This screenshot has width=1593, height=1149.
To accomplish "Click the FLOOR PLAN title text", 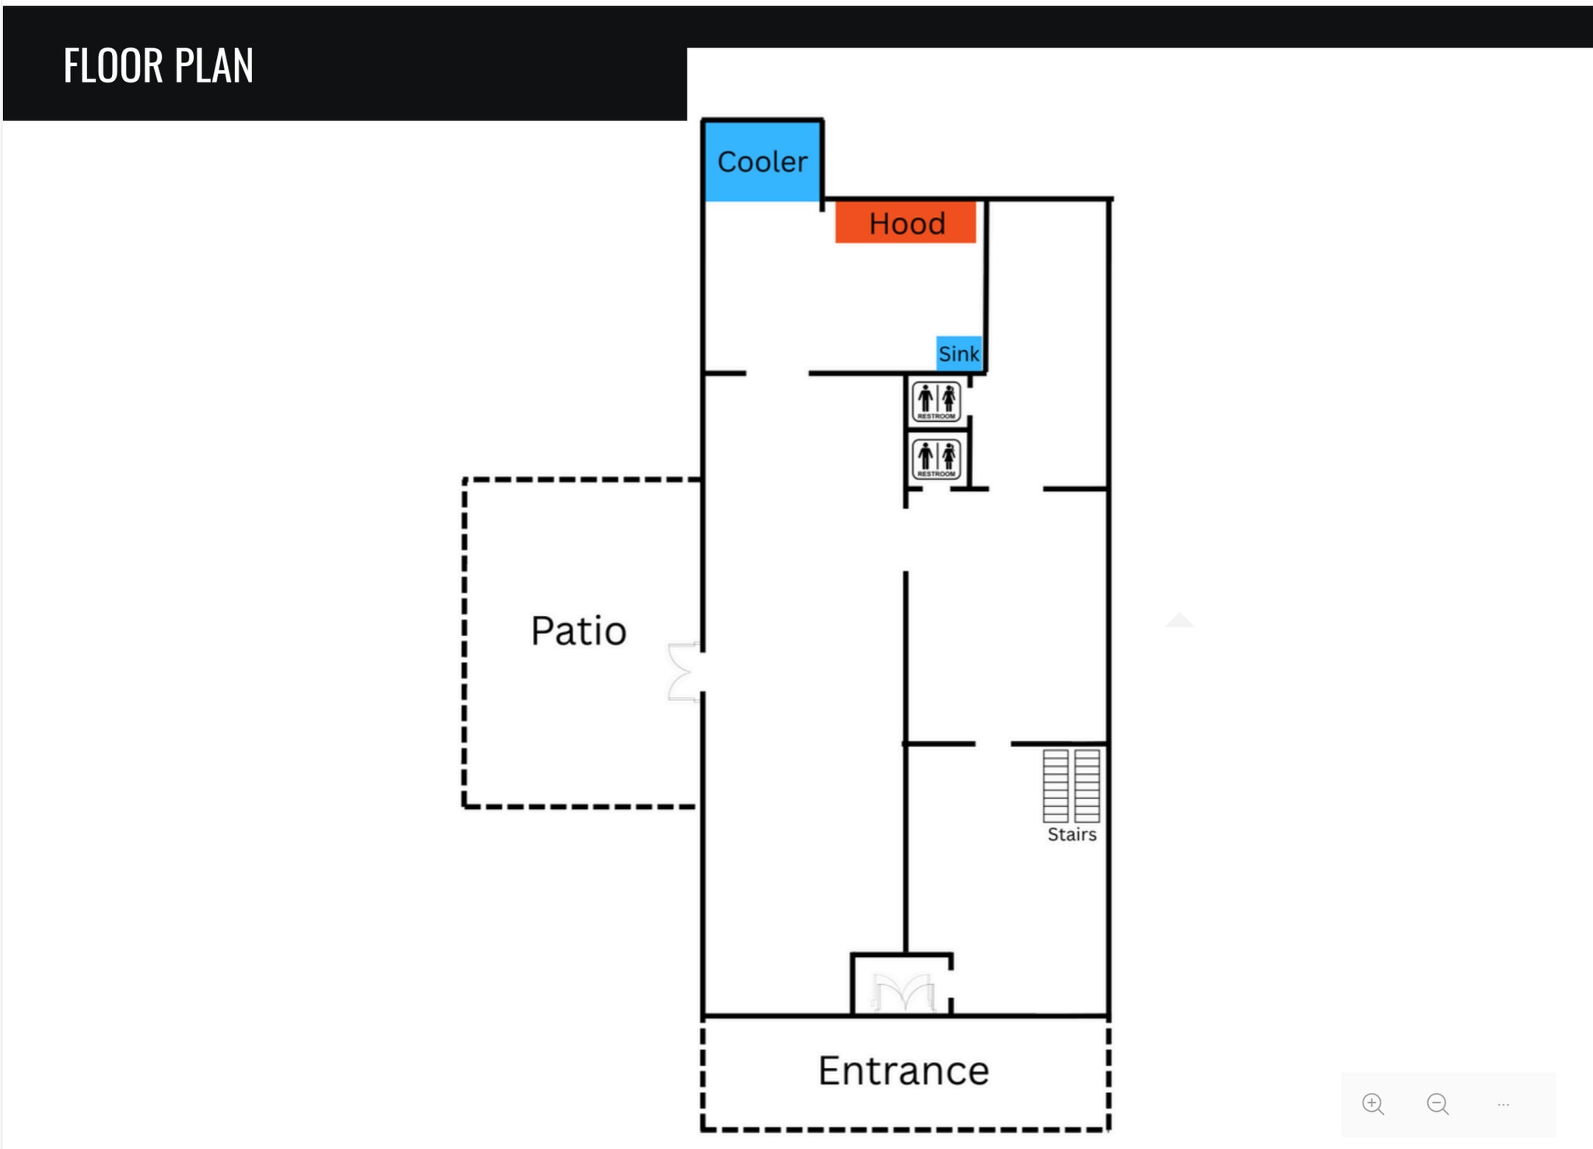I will (x=159, y=65).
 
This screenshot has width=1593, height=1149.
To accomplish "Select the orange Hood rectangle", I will (x=905, y=222).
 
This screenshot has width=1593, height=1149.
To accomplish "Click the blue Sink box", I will (x=959, y=354).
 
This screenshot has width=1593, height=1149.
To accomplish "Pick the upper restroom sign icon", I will (x=937, y=401).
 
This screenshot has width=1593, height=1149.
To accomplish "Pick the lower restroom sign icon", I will (x=937, y=459).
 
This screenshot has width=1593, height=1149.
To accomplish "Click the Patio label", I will (x=579, y=630).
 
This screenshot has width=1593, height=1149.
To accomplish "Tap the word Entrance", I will (x=903, y=1070).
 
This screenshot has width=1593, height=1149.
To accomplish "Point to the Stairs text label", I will (x=1072, y=835).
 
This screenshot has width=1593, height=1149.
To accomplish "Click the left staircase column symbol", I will (x=1056, y=786).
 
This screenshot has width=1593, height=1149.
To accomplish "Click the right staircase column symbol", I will (x=1087, y=786).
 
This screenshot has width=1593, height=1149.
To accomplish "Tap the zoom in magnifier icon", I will (x=1373, y=1104).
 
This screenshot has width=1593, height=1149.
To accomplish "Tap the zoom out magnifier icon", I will (x=1438, y=1104).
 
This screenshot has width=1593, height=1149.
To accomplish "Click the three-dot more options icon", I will (x=1503, y=1104).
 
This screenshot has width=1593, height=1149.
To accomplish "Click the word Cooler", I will (x=762, y=162).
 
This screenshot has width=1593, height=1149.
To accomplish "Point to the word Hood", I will (x=907, y=224).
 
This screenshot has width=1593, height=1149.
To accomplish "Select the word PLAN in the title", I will (x=214, y=65).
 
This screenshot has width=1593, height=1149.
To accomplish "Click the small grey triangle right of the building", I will (x=1179, y=620).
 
